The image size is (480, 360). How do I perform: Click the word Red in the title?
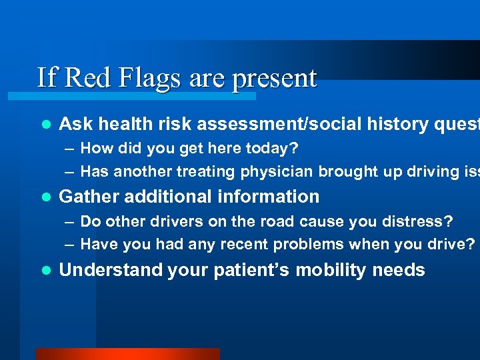click(89, 78)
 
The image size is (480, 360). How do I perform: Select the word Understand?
click(111, 270)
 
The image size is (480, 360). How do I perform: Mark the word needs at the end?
click(400, 270)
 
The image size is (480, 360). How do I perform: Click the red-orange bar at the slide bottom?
click(127, 354)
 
